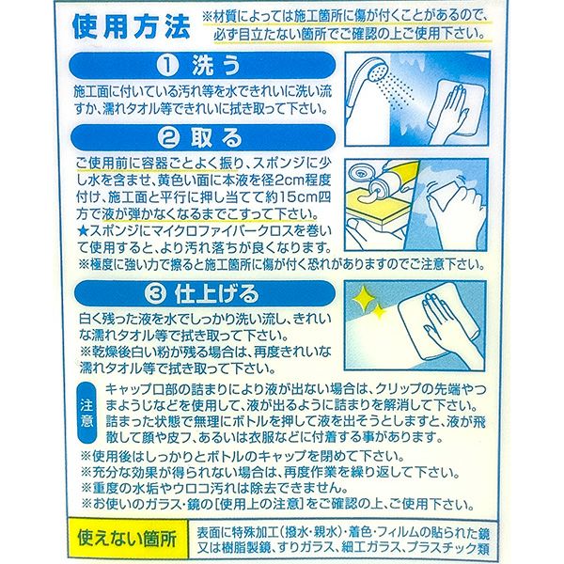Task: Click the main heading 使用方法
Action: (x=132, y=26)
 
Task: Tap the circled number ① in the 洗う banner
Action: (x=167, y=66)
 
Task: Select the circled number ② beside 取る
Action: (x=167, y=138)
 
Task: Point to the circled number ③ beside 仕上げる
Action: (x=156, y=294)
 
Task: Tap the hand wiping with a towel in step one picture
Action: (x=454, y=108)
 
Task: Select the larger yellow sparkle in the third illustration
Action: (x=362, y=298)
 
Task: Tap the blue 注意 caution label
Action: (x=86, y=413)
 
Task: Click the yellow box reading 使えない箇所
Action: (x=128, y=539)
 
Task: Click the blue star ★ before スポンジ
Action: (x=83, y=231)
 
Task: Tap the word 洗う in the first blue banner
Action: (x=216, y=66)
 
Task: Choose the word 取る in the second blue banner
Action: (x=216, y=138)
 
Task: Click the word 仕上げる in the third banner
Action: (x=217, y=294)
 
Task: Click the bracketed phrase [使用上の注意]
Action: (x=259, y=504)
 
